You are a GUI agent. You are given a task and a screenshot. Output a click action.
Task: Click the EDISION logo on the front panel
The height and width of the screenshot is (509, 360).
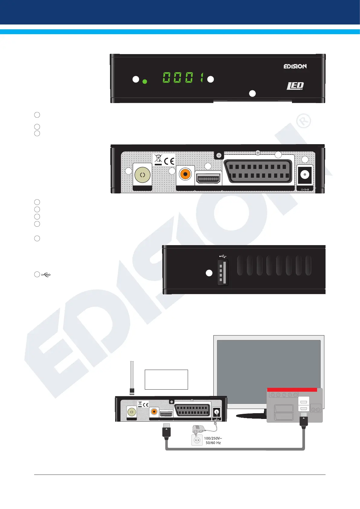tap(295, 66)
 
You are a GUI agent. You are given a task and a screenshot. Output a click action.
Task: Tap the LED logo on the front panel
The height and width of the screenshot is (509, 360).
tap(295, 86)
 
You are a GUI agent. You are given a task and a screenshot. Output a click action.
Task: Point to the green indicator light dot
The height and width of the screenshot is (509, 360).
tap(145, 82)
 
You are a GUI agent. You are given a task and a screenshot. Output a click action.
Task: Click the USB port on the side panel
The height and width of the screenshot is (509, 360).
tap(223, 273)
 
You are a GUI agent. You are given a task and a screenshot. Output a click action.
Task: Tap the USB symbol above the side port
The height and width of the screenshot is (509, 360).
tap(223, 256)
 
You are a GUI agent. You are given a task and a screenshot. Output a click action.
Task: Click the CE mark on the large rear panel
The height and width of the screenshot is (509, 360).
tap(169, 160)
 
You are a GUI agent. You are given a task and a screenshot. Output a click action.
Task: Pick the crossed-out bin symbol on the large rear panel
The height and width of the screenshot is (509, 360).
tap(158, 159)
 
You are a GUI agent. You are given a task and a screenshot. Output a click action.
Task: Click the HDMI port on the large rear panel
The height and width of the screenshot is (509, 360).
tap(208, 179)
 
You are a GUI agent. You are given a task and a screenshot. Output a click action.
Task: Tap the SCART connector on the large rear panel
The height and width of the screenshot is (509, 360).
tap(258, 171)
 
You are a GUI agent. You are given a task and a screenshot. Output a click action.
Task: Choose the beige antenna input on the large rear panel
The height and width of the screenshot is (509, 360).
tap(142, 175)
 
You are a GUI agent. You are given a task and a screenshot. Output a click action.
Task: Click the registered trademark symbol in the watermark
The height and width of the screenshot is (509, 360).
tap(303, 121)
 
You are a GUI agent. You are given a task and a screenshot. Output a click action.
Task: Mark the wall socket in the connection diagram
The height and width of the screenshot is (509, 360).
tap(197, 440)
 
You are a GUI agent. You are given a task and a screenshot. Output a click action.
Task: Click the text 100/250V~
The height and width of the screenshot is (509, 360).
tap(213, 438)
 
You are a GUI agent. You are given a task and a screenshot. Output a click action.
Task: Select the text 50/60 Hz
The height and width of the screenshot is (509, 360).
tap(213, 443)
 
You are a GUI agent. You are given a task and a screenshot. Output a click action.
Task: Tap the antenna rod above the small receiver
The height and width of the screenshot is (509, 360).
tap(132, 375)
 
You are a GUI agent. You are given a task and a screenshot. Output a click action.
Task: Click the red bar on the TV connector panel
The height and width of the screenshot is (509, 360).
tap(292, 390)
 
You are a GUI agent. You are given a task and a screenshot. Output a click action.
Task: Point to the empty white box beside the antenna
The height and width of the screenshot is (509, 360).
tap(166, 379)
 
